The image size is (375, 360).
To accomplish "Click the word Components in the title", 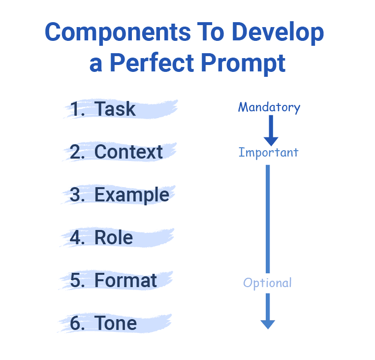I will coord(116,33).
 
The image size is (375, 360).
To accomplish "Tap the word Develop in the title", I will coord(278,33).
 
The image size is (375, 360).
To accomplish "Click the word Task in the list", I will coord(115,109).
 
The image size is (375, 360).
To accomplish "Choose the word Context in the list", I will coord(128,152).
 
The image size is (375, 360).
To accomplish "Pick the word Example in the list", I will coord(131,195).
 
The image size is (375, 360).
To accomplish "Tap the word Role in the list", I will coord(114,238).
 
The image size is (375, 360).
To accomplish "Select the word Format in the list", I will coord(125,281).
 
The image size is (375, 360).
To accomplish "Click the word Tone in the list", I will coord(116,324).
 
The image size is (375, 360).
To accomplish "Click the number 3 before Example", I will coord(77,195).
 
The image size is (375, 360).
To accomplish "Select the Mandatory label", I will coord(269,107).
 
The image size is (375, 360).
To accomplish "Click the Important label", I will coord(268,152).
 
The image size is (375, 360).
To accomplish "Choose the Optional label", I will coord(268,283).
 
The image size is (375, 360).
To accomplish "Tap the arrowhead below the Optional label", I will coord(268,323).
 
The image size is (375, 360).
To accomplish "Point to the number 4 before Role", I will coord(77,238).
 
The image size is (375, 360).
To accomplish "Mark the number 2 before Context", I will coord(77,152).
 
